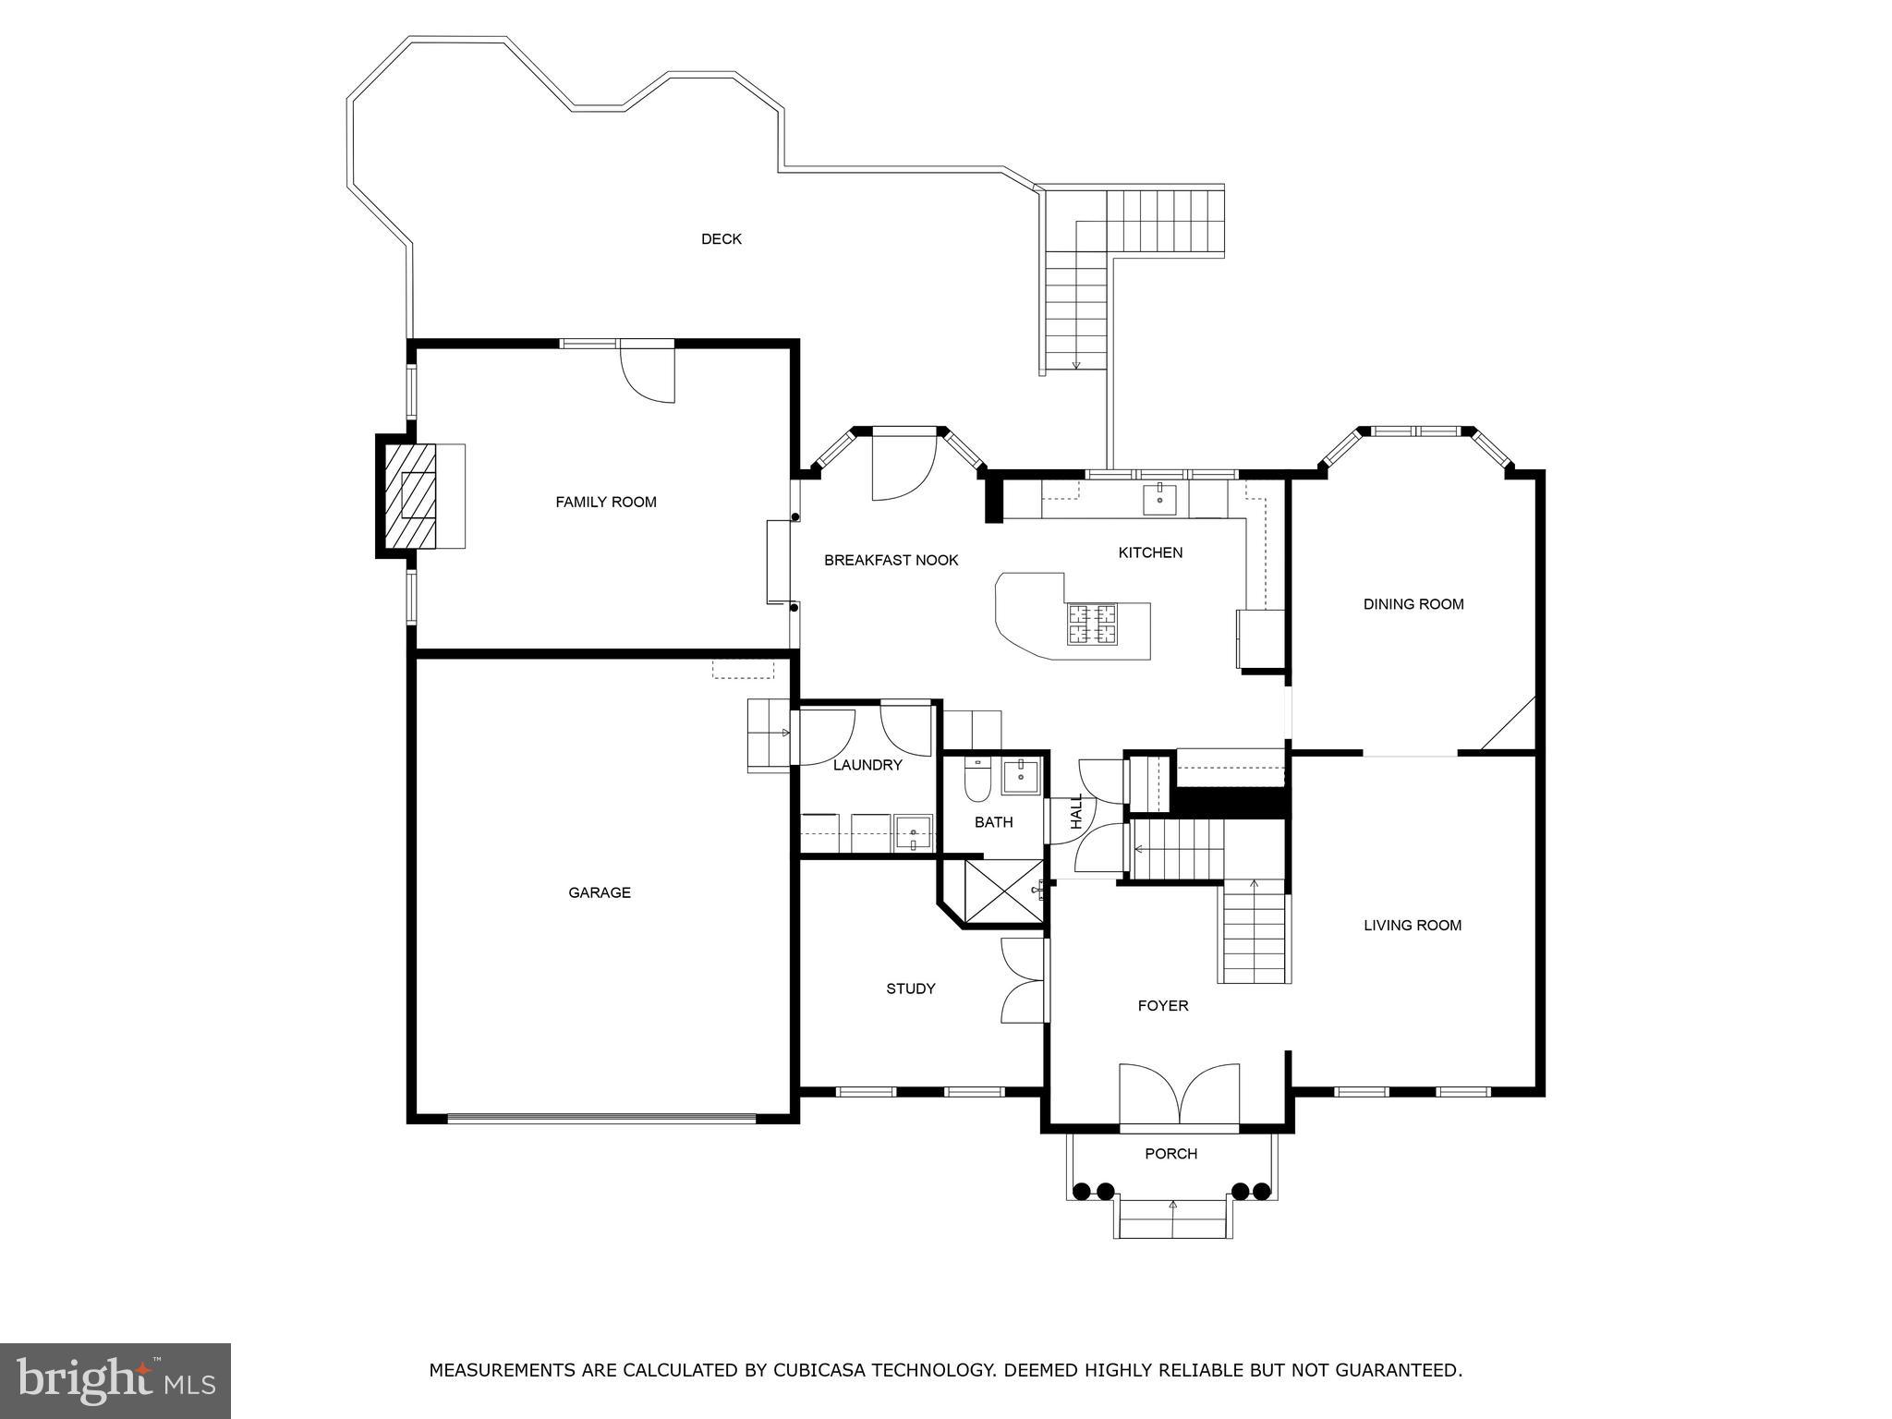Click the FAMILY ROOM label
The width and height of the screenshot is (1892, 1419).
[x=606, y=502]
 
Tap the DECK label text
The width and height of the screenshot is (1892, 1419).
[x=722, y=239]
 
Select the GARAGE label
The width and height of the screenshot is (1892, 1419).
[x=600, y=892]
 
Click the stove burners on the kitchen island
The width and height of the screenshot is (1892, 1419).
[x=1092, y=624]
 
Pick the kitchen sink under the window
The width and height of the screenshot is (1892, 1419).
[x=1159, y=498]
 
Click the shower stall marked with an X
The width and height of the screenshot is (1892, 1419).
[x=1002, y=891]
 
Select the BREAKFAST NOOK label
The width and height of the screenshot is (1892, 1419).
[x=891, y=560]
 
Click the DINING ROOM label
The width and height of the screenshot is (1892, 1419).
[x=1413, y=604]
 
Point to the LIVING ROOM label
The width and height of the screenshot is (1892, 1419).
[x=1413, y=925]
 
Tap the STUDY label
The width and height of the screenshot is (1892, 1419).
[x=911, y=988]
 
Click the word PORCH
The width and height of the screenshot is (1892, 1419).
[x=1170, y=1154]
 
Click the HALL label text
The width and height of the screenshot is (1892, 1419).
[x=1076, y=811]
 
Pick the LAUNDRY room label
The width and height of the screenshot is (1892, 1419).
[x=867, y=765]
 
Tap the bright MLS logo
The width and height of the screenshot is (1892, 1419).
[x=115, y=1380]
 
